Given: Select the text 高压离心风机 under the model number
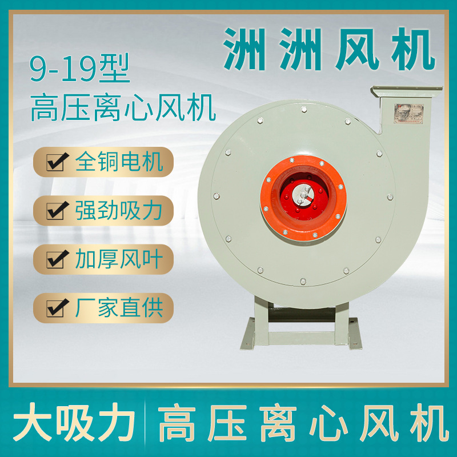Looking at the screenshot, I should click(123, 107).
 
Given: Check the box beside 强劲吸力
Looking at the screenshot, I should click(55, 212).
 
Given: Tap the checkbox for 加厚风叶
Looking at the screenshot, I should click(55, 260).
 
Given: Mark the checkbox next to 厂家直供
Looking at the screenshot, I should click(55, 309).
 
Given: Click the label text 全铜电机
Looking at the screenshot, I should click(119, 162).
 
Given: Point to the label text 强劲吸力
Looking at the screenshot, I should click(119, 211).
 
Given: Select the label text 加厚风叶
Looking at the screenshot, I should click(119, 259).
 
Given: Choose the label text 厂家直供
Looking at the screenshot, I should click(119, 308).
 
